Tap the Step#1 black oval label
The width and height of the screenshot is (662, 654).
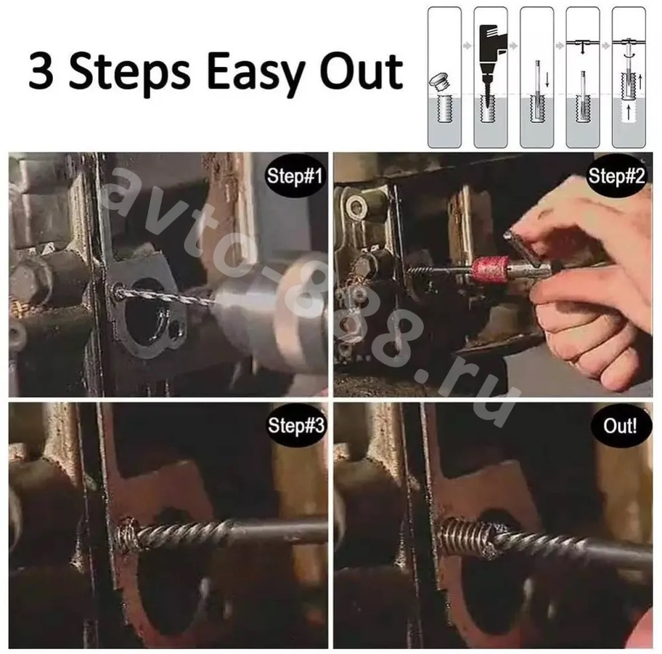(295, 175)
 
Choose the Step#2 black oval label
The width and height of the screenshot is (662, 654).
(616, 175)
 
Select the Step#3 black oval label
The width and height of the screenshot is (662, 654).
(295, 425)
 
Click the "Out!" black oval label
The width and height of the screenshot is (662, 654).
(619, 425)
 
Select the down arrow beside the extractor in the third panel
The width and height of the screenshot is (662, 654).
(547, 79)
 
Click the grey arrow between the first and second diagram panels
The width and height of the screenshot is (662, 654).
(467, 45)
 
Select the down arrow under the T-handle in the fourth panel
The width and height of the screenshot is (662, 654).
(582, 49)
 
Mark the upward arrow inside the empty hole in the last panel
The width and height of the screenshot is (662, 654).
(629, 113)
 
